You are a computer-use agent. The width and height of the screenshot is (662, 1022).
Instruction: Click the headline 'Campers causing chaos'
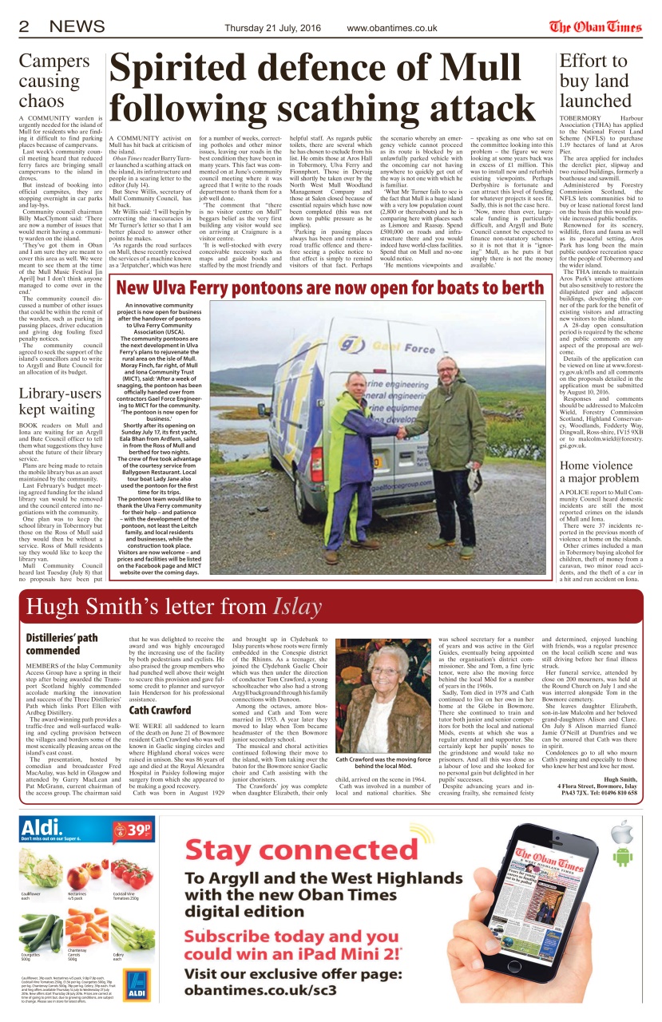(50, 80)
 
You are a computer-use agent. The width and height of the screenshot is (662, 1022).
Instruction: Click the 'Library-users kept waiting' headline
(61, 402)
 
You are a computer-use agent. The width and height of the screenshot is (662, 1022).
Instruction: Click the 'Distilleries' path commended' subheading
(62, 644)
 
